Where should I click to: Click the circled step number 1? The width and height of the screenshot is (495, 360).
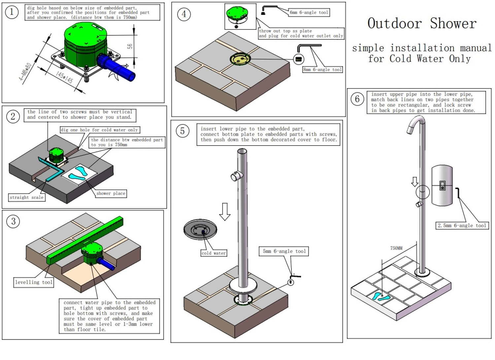pyautogui.click(x=12, y=12)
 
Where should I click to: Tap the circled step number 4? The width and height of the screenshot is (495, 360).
pyautogui.click(x=184, y=14)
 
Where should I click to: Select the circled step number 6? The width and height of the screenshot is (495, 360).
pyautogui.click(x=357, y=99)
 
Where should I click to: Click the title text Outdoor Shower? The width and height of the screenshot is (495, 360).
pyautogui.click(x=422, y=24)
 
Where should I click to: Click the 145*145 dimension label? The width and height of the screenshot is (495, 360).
pyautogui.click(x=64, y=77)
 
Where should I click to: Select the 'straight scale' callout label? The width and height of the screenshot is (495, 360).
pyautogui.click(x=26, y=197)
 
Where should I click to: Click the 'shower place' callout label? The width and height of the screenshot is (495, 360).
pyautogui.click(x=111, y=193)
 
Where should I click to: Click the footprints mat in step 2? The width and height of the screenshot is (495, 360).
pyautogui.click(x=80, y=173)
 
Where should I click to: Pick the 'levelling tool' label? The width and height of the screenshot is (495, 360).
pyautogui.click(x=34, y=282)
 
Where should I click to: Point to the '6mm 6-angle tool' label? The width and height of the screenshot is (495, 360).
pyautogui.click(x=309, y=13)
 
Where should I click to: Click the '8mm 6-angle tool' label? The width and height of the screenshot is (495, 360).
pyautogui.click(x=322, y=70)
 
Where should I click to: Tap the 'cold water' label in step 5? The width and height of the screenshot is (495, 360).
pyautogui.click(x=214, y=253)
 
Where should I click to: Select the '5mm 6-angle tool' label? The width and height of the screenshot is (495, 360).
pyautogui.click(x=284, y=251)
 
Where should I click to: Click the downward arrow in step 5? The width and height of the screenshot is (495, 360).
pyautogui.click(x=225, y=212)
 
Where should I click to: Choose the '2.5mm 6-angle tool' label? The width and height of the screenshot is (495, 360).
pyautogui.click(x=462, y=225)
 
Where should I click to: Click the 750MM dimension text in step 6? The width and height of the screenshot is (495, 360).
pyautogui.click(x=396, y=248)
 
